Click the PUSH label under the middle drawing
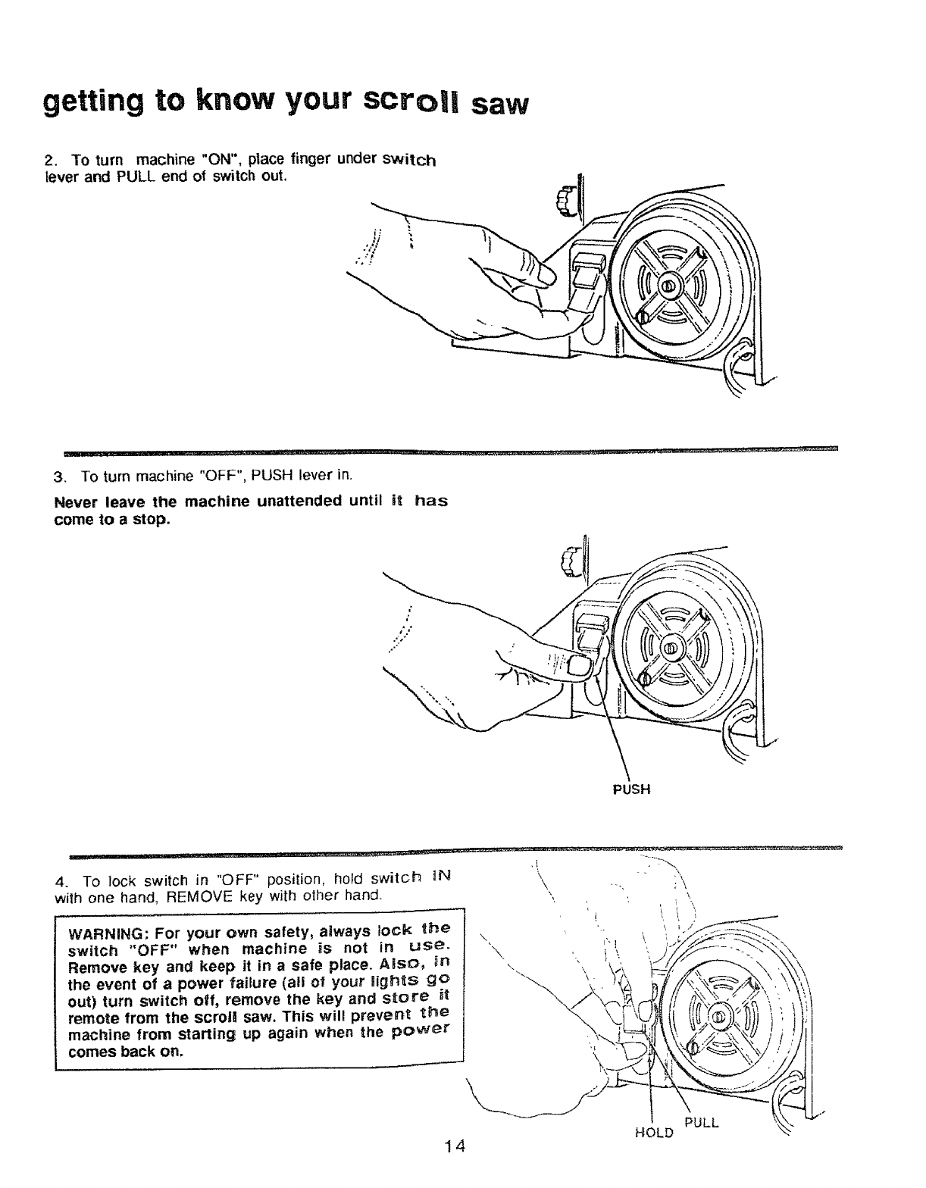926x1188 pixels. (x=630, y=789)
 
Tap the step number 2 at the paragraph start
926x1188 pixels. (x=49, y=161)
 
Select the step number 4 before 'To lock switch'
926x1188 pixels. (x=61, y=882)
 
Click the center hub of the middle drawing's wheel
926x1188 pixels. (x=671, y=649)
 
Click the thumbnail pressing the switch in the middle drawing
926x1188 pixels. (x=579, y=666)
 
